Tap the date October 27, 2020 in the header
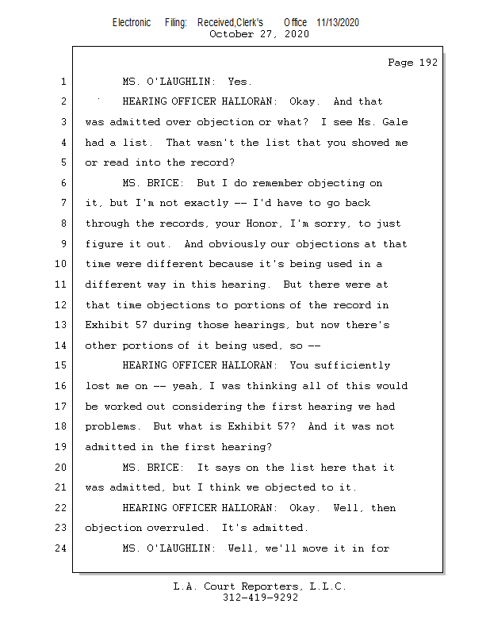point(258,34)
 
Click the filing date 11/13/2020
point(337,22)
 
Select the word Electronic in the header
point(132,22)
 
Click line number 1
point(63,82)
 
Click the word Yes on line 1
point(239,82)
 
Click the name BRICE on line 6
point(165,183)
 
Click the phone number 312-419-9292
point(260,598)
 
